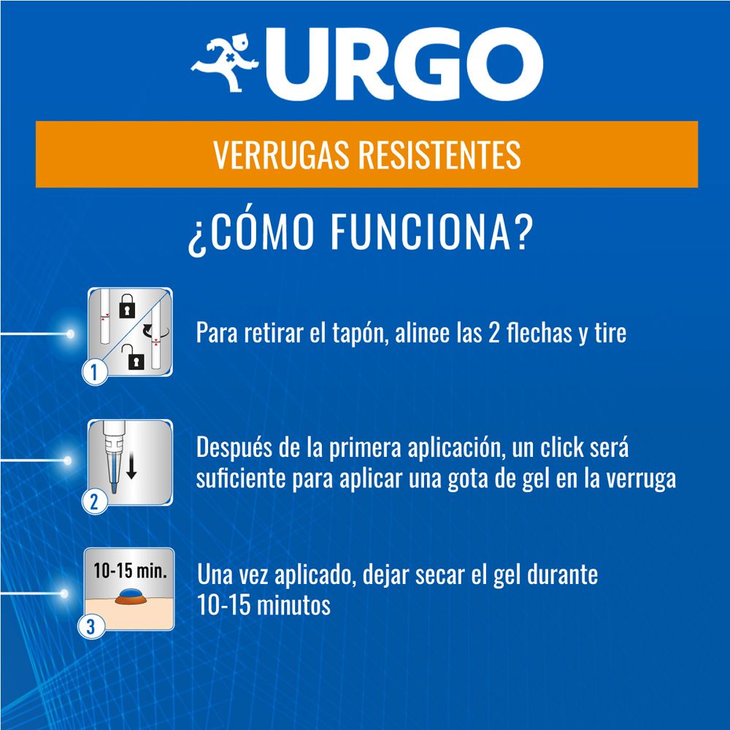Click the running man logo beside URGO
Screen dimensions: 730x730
pos(224,62)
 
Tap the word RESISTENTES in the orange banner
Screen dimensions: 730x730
pos(439,155)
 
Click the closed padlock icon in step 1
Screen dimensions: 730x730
pos(127,306)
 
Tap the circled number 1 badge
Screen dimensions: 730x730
pos(95,372)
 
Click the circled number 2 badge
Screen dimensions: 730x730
pos(94,502)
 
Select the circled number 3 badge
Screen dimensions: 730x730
pos(91,626)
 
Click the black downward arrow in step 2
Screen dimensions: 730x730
pos(131,467)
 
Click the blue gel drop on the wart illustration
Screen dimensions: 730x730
pos(131,593)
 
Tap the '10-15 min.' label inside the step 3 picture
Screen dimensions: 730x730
pos(131,570)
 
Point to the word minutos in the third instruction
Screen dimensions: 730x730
pos(293,605)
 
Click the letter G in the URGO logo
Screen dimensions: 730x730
pos(431,64)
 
